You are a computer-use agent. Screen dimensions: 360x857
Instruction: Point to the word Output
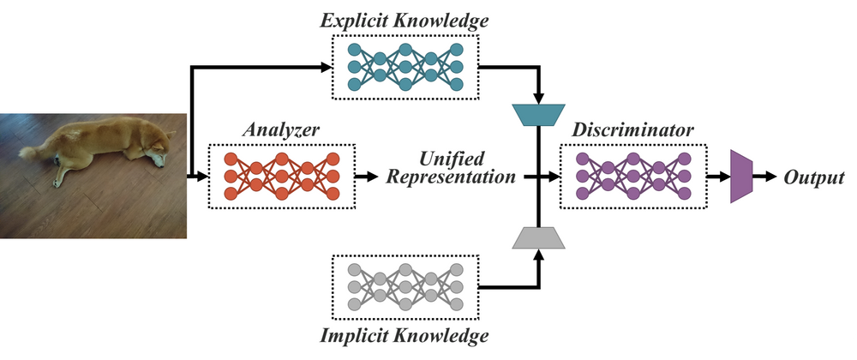814,178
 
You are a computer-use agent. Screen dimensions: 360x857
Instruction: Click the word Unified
451,159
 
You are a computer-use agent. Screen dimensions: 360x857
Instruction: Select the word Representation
452,179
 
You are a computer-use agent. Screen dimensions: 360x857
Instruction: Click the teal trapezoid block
537,114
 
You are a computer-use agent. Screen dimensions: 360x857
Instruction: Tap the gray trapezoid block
537,237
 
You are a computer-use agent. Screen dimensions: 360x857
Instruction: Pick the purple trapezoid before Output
740,177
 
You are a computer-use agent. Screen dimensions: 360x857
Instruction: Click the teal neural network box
405,66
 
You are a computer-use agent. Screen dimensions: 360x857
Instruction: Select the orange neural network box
280,177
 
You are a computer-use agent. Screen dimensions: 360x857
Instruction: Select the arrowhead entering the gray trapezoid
537,254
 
